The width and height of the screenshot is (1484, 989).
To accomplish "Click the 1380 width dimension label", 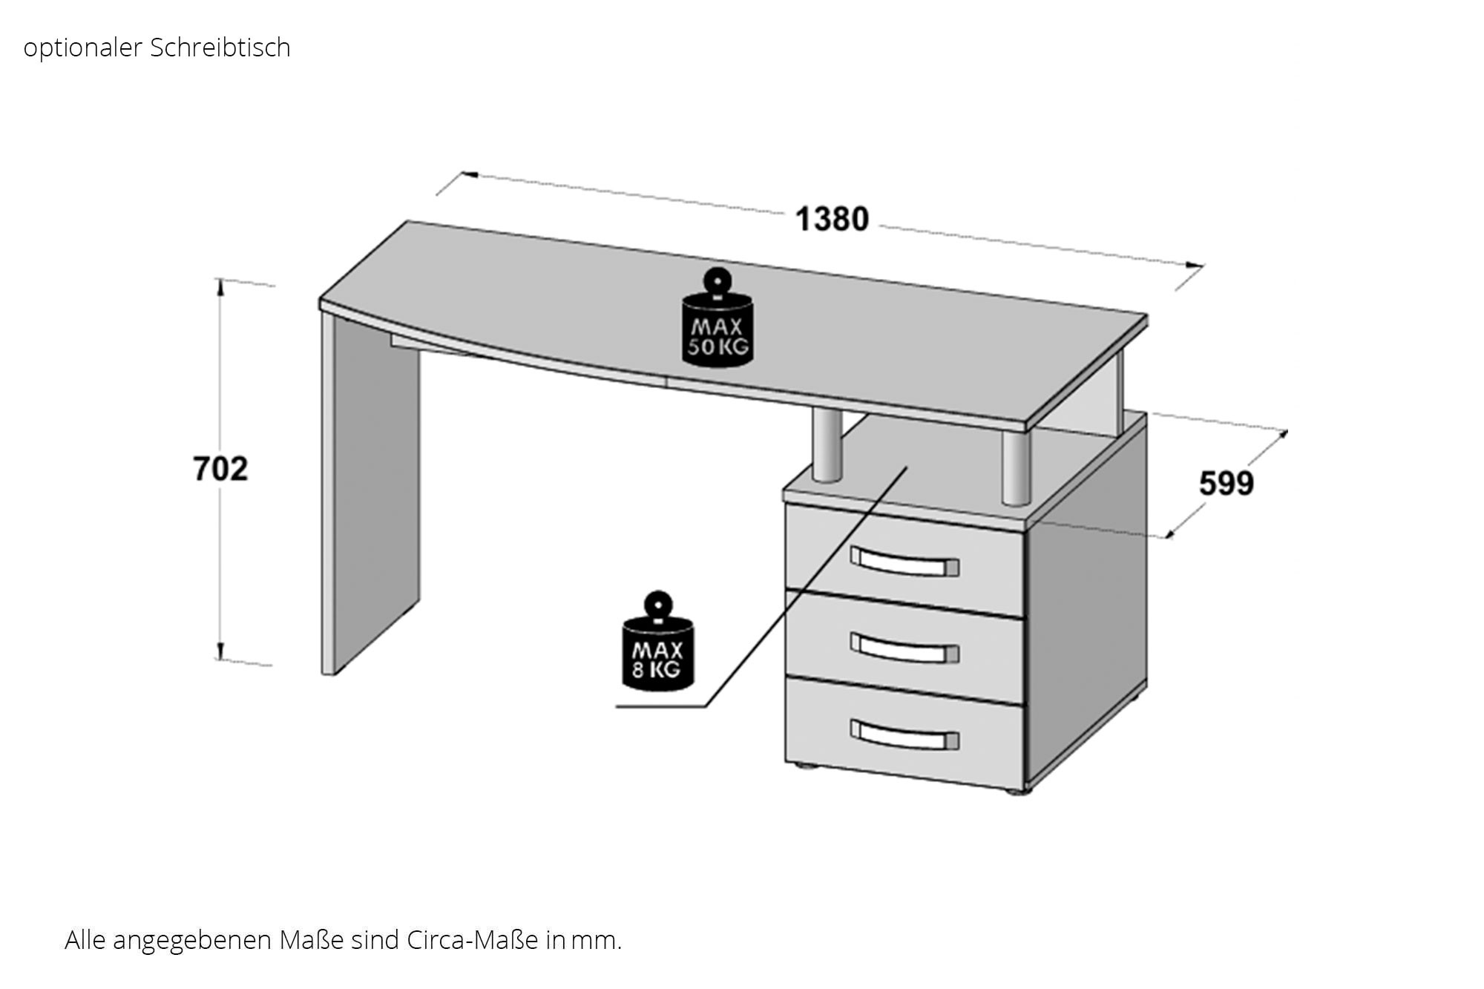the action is tap(832, 219).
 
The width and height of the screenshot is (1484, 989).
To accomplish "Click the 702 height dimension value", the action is tap(220, 469).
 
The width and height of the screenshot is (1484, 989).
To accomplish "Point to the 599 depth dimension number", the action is tap(1227, 483).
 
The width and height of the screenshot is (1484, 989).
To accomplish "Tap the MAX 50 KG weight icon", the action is tap(718, 317).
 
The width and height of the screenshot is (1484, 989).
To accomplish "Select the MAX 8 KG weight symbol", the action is tap(657, 641).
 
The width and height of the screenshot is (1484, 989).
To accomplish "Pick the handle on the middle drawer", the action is tap(904, 648).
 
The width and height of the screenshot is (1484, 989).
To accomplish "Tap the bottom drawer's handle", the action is tap(904, 734).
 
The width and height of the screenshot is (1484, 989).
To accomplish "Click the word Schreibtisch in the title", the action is tap(220, 47).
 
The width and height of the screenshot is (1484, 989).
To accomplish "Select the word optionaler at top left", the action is tap(83, 48).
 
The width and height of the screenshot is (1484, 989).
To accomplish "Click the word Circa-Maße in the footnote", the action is tap(473, 940).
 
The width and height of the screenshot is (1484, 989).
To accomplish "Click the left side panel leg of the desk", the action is tap(371, 493).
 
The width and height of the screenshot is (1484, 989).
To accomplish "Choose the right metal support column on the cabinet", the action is tap(1016, 467).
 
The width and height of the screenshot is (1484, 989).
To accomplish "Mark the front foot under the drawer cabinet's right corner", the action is tap(1021, 792).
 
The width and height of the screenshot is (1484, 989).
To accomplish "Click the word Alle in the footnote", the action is tap(85, 940).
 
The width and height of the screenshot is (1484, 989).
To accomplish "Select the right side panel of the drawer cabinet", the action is tap(1086, 601).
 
